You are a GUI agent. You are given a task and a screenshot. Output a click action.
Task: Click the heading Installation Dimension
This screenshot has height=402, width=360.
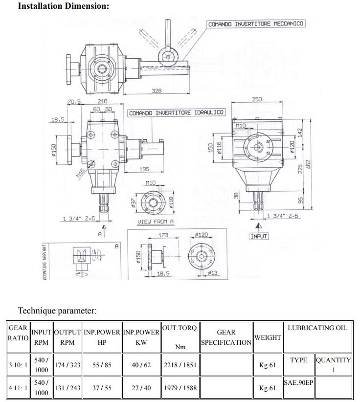(x=64, y=6)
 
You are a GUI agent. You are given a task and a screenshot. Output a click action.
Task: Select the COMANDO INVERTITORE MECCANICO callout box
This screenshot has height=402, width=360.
(x=256, y=23)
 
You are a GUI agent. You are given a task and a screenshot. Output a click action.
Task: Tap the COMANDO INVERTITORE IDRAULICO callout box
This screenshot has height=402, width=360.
(x=176, y=113)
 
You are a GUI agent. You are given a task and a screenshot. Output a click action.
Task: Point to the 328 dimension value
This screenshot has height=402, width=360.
(x=157, y=91)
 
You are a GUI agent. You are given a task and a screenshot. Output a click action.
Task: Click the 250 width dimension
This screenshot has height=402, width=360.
(x=256, y=99)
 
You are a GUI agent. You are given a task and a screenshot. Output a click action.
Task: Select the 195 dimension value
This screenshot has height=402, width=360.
(x=144, y=169)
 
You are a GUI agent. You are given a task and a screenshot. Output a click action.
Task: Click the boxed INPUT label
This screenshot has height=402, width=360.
(x=259, y=236)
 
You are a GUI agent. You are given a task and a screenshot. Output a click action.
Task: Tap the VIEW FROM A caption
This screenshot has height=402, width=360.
(x=156, y=222)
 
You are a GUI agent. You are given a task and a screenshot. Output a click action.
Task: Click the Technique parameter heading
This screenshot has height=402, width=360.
(x=57, y=311)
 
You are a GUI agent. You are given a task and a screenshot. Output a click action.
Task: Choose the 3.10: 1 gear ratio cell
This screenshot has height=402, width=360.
(x=18, y=365)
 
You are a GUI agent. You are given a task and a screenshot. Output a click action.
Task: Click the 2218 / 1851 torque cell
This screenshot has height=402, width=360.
(x=180, y=365)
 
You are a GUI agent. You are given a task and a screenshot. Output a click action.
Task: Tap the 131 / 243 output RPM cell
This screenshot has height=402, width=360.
(x=67, y=388)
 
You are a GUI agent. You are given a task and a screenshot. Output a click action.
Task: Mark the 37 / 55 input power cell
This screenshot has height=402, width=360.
(x=102, y=388)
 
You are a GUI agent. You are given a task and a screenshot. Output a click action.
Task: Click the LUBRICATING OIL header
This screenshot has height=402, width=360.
(x=317, y=328)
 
